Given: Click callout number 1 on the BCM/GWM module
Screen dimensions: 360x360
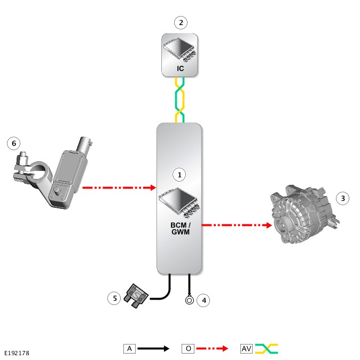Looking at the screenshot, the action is tap(179, 175).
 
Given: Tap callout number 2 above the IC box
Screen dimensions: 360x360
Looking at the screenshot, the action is tap(181, 23).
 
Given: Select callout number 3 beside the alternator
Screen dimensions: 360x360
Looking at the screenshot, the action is tap(342, 198).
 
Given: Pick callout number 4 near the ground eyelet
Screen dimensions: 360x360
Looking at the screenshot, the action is tap(204, 300).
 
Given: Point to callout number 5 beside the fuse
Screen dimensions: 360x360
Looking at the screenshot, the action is tap(114, 298).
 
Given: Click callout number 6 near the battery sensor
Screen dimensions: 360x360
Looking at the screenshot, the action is tap(14, 143).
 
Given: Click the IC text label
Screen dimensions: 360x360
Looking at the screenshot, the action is tap(180, 68).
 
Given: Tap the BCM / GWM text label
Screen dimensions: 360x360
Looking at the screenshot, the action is tap(181, 229).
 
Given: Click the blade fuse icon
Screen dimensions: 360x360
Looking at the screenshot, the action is tap(136, 296).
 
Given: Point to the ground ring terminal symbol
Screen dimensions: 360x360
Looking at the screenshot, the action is tap(190, 300).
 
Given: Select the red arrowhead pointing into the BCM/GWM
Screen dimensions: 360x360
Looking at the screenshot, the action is tap(153, 187).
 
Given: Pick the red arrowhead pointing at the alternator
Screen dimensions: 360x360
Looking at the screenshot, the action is tap(269, 225).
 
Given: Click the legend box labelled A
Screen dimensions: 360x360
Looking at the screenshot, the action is tap(129, 349).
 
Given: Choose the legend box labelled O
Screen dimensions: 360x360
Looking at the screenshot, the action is tap(188, 349).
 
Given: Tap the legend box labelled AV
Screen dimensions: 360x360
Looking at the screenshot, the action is tap(246, 349).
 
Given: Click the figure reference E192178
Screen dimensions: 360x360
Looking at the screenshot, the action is tap(17, 353).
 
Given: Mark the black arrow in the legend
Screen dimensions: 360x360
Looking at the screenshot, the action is tap(153, 349).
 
